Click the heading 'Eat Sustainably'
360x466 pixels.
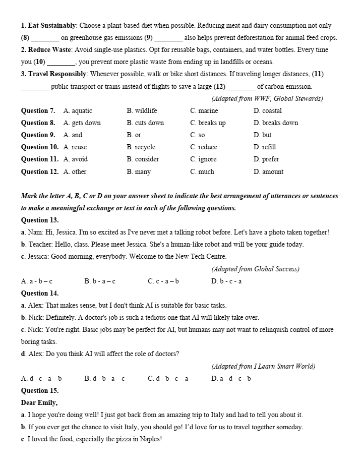point(52,25)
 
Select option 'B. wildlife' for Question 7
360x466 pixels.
point(142,110)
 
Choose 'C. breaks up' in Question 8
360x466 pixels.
point(208,123)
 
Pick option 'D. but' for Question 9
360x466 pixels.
point(262,135)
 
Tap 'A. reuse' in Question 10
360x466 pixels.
point(75,147)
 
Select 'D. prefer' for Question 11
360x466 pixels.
point(266,159)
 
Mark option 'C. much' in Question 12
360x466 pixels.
point(202,171)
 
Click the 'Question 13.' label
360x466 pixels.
point(40,220)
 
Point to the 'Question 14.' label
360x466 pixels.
point(40,293)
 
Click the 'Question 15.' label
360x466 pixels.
point(40,390)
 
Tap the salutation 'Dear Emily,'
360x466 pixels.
point(39,402)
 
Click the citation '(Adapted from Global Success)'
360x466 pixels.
point(255,269)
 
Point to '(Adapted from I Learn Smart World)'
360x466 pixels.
point(263,366)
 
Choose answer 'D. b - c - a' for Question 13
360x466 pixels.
point(226,281)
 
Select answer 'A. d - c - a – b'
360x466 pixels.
point(41,378)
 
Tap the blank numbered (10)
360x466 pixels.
point(61,62)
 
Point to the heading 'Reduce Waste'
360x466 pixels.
point(50,49)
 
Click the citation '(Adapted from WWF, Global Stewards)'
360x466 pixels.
point(267,98)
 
